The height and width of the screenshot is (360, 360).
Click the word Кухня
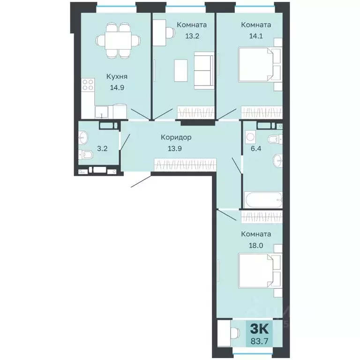(x=117, y=77)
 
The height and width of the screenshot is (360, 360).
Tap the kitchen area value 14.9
(x=117, y=88)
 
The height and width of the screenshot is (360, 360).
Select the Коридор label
(x=176, y=137)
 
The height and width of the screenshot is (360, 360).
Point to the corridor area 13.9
(x=175, y=149)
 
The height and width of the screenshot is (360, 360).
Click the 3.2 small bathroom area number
(x=102, y=149)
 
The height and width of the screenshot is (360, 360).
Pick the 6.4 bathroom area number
(x=256, y=149)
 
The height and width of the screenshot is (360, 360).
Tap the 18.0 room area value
(x=256, y=246)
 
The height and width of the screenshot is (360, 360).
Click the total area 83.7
(x=259, y=341)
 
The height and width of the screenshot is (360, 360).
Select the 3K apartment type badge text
(x=259, y=329)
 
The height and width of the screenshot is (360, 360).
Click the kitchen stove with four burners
(x=88, y=84)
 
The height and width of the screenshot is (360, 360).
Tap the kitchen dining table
(x=118, y=40)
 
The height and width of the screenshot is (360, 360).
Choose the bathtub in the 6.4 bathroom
(x=263, y=200)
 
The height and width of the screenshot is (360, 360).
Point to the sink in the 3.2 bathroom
(x=82, y=137)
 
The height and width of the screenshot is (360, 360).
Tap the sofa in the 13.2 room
(x=204, y=70)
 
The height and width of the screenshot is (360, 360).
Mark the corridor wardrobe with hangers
(x=185, y=165)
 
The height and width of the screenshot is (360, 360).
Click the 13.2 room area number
(x=192, y=36)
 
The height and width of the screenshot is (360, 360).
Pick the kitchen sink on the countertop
(x=101, y=112)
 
